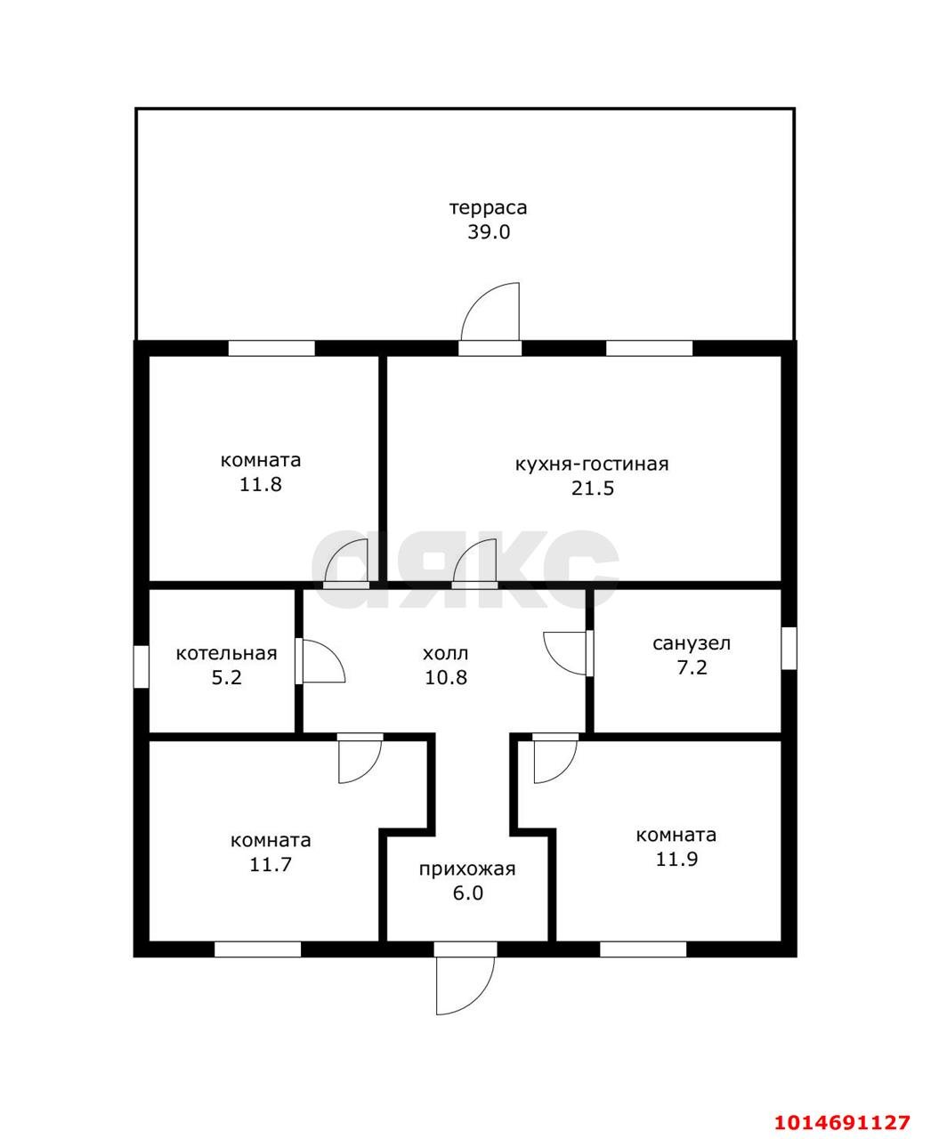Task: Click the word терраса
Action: point(488,208)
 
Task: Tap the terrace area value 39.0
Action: point(489,232)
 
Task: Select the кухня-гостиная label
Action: point(592,464)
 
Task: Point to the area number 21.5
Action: point(593,489)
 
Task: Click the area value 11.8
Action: point(261,484)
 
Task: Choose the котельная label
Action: point(226,653)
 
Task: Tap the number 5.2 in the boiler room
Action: point(226,677)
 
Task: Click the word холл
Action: point(445,653)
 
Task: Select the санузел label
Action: point(692,643)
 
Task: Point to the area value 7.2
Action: point(692,668)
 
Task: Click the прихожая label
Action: point(467,869)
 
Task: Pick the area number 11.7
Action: point(271,865)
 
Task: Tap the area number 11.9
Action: point(676,860)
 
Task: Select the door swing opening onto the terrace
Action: point(490,311)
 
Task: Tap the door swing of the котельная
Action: point(324,661)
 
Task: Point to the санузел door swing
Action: point(565,653)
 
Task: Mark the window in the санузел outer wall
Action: point(789,648)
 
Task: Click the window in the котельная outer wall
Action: point(141,666)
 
